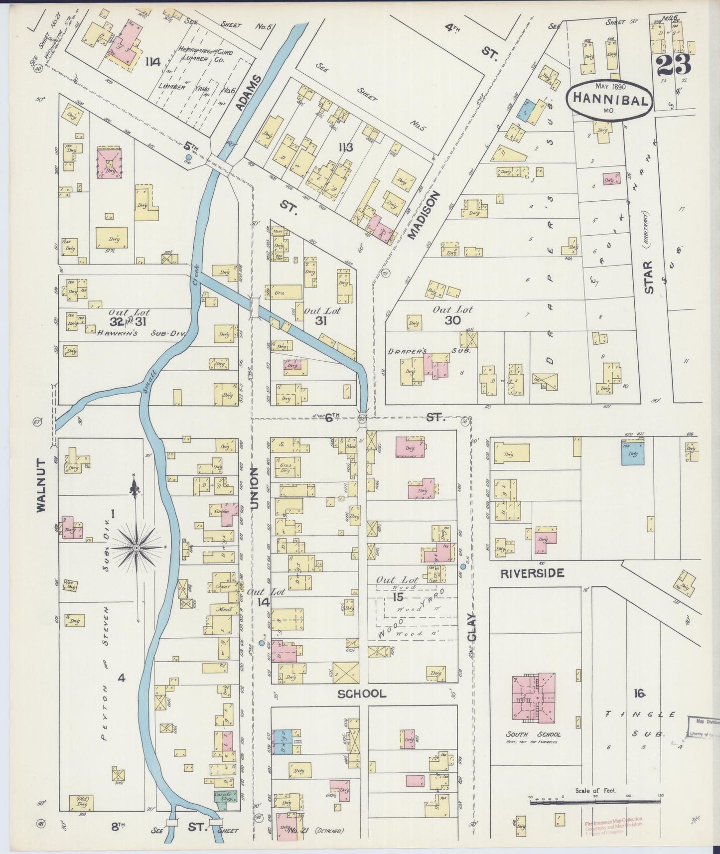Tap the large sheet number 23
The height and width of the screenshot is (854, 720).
(x=674, y=64)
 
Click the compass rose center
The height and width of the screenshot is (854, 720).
(x=137, y=548)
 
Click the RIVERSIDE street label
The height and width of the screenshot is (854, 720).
(x=532, y=573)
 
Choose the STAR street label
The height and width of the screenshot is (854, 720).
(x=648, y=277)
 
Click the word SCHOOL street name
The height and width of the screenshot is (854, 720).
(x=362, y=694)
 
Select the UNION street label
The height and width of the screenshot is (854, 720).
(x=254, y=488)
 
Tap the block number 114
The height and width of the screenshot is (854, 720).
(x=153, y=62)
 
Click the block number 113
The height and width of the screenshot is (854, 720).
(x=345, y=147)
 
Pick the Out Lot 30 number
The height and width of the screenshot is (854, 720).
(x=452, y=320)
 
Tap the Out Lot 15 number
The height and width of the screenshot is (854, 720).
(x=397, y=597)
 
